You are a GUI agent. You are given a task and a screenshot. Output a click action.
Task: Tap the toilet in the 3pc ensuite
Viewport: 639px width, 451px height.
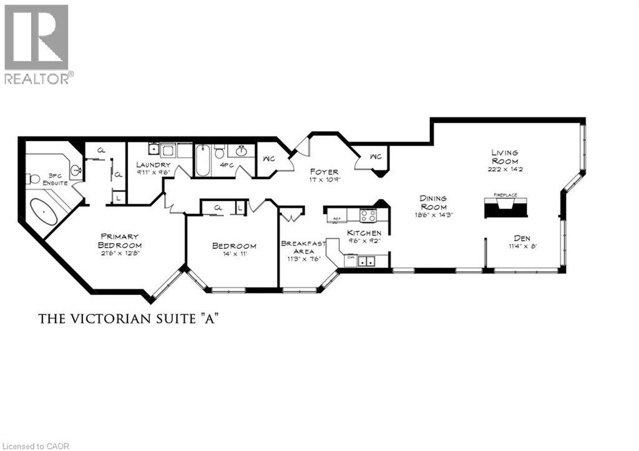(34, 178)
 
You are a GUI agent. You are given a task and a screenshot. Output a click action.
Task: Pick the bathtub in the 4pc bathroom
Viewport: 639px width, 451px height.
(203, 161)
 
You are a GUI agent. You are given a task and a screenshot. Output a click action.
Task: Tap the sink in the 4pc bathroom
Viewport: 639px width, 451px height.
(241, 152)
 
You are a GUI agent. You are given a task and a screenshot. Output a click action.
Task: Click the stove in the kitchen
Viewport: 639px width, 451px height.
(368, 215)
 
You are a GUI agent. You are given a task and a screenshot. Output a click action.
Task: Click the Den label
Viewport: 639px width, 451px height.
(522, 238)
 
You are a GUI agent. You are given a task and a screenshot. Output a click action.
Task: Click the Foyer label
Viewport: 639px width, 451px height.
(324, 172)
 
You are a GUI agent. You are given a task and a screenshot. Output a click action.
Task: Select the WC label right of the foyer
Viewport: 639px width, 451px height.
(376, 157)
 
